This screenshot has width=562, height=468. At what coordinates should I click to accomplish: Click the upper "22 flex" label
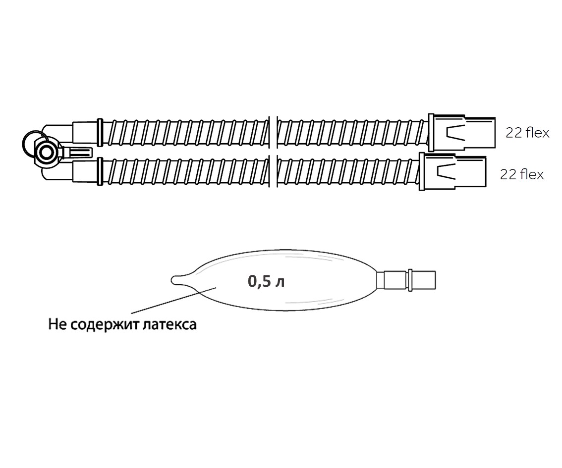coord(527,133)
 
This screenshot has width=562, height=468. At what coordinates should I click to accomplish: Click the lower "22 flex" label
coord(522,174)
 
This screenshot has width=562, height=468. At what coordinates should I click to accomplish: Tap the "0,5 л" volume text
coord(266,282)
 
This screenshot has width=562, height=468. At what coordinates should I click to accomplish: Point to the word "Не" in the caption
coord(57,324)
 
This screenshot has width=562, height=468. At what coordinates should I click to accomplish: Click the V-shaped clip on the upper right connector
coord(455,133)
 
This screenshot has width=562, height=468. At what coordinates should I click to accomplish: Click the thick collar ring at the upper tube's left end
coord(100,133)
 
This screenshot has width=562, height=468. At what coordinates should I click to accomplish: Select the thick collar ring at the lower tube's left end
coord(100,171)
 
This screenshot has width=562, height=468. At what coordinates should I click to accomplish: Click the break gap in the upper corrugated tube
coord(273,133)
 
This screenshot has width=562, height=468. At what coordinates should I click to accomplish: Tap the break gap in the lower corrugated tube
coord(273,171)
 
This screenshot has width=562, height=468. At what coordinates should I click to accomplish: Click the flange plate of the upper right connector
coord(431,133)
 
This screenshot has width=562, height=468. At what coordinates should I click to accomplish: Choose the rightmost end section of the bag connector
coord(424,279)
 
